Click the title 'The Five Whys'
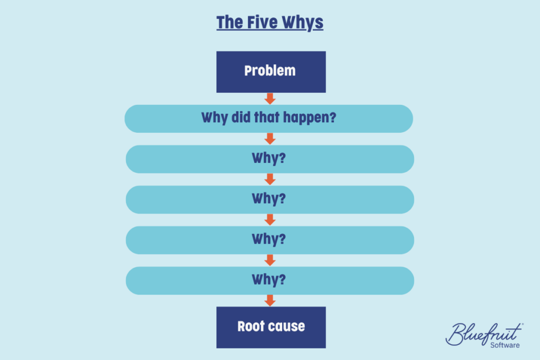pyautogui.click(x=269, y=23)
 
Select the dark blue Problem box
pyautogui.click(x=271, y=72)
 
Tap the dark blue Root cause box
pyautogui.click(x=271, y=327)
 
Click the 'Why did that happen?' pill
pyautogui.click(x=268, y=119)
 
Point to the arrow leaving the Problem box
pyautogui.click(x=270, y=99)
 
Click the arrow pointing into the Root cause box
pyautogui.click(x=270, y=300)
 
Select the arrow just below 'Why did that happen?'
pyautogui.click(x=270, y=139)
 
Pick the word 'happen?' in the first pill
pyautogui.click(x=310, y=118)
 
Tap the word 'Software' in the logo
pyautogui.click(x=505, y=345)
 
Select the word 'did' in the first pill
pyautogui.click(x=240, y=118)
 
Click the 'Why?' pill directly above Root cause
pyautogui.click(x=270, y=280)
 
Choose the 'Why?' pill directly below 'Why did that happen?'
pyautogui.click(x=270, y=159)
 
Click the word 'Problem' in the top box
pyautogui.click(x=270, y=71)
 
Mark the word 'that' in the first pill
pyautogui.click(x=266, y=118)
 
